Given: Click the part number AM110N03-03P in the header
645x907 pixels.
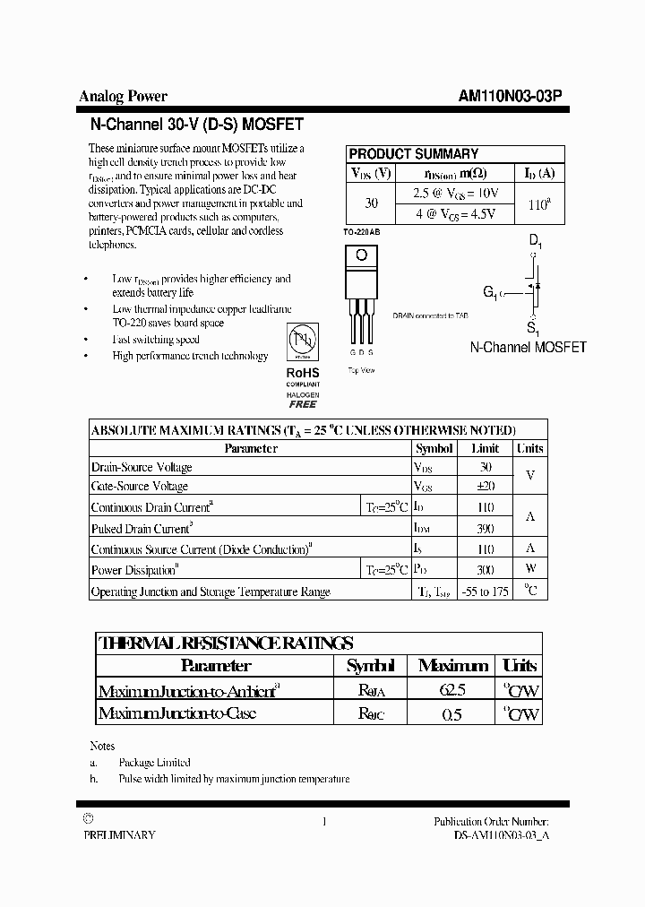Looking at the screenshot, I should click(510, 96).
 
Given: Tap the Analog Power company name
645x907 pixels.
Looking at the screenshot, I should click(124, 96).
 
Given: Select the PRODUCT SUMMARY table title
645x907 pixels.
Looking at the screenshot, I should click(413, 153).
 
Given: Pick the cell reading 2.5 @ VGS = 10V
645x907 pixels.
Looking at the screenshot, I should click(455, 193).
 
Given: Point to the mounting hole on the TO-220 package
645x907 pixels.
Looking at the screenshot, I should click(361, 255).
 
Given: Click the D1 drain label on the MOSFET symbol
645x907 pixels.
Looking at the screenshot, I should click(535, 240).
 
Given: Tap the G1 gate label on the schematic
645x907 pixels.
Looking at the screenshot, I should click(491, 291).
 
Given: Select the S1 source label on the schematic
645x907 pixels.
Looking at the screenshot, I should click(533, 329).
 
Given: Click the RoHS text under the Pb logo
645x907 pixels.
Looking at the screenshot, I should click(302, 372).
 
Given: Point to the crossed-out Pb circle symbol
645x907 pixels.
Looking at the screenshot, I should click(302, 341).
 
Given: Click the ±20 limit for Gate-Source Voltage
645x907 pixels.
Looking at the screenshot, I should click(486, 486).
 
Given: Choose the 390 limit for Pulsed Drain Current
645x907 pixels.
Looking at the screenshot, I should click(486, 529).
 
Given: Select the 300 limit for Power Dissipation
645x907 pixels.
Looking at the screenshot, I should click(486, 569).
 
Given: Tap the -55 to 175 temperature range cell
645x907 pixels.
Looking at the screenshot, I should click(485, 592).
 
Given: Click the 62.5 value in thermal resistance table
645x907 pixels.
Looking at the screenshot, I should click(453, 690).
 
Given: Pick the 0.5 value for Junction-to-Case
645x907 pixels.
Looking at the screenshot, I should click(453, 714).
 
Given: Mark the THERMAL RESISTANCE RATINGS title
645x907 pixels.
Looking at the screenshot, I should click(225, 643).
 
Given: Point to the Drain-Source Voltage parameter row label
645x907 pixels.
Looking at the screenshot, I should click(142, 467).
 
